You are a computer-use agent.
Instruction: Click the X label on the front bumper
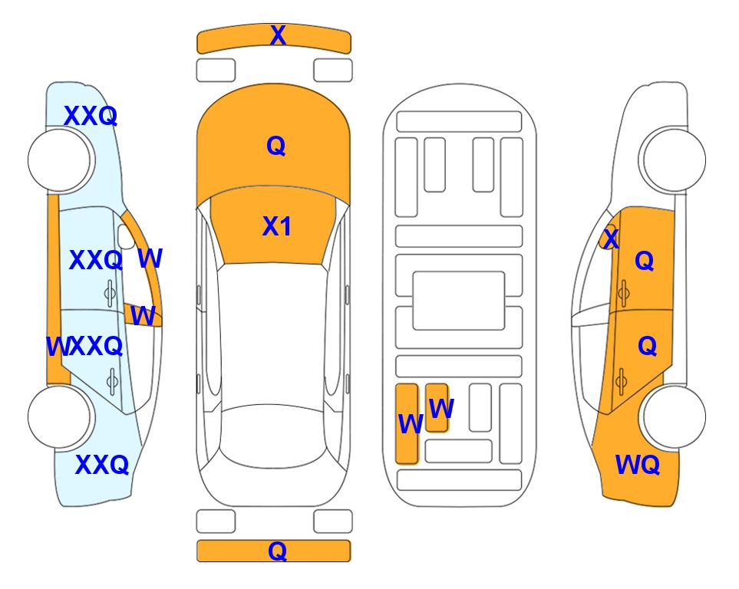278,35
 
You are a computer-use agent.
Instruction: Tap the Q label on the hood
276,146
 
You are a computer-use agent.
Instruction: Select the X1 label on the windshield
277,226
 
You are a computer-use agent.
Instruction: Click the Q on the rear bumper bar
278,551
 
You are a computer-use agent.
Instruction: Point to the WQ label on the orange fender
638,465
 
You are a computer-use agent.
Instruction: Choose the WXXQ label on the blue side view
85,347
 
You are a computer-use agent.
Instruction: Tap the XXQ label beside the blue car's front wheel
91,116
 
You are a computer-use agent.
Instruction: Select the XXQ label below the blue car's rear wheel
102,465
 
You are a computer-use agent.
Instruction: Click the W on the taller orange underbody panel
411,423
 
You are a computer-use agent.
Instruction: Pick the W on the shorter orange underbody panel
441,408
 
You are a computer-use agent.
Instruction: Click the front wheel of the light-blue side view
60,160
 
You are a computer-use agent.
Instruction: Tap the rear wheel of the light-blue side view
60,416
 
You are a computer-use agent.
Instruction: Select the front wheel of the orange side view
673,160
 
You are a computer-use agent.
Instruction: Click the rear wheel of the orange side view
673,416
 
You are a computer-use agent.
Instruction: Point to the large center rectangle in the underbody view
459,301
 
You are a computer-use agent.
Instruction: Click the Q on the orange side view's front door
645,261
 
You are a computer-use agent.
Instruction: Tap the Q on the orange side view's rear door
647,347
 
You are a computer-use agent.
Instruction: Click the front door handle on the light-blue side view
110,293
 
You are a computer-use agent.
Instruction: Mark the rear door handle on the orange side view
621,380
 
